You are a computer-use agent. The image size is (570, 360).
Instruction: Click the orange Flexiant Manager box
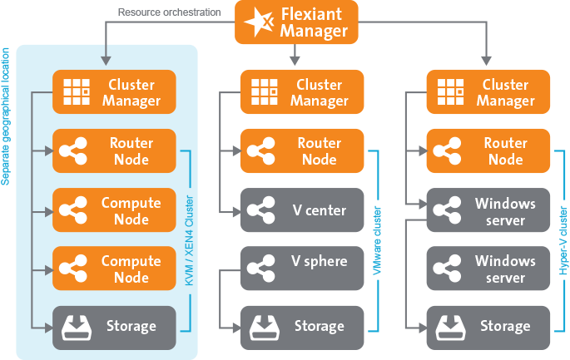[297, 22]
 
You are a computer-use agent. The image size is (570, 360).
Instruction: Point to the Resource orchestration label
[169, 12]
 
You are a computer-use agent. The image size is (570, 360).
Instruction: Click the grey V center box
[303, 210]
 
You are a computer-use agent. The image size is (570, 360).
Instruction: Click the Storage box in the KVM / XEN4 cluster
[114, 327]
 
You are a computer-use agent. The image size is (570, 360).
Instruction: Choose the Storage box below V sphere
[303, 327]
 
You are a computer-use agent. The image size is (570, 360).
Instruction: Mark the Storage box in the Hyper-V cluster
[488, 327]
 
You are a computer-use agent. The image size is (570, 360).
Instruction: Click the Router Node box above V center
[303, 151]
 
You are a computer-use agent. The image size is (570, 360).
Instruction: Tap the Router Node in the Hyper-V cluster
[488, 151]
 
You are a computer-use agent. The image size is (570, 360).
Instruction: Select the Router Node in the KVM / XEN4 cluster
[114, 151]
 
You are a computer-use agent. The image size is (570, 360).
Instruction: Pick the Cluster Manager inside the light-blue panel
[114, 92]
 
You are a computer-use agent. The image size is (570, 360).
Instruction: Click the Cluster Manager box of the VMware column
[303, 92]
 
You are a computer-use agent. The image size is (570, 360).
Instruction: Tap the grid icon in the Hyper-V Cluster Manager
[450, 92]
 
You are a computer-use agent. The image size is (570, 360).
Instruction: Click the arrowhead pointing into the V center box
[234, 211]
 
